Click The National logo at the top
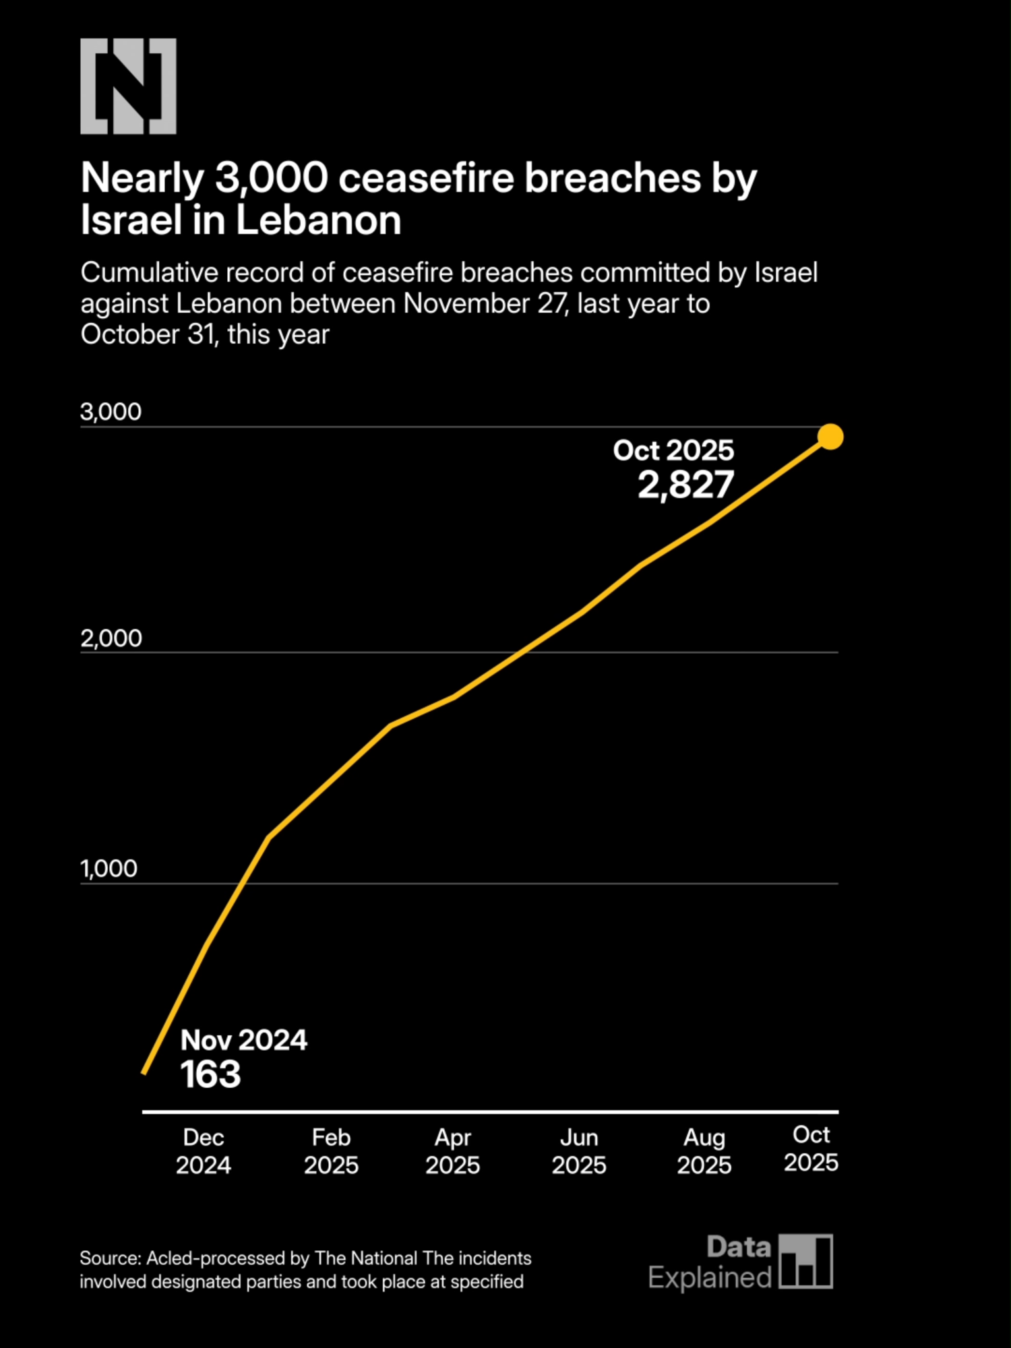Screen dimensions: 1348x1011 [x=128, y=86]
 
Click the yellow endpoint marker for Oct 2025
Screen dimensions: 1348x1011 [x=830, y=437]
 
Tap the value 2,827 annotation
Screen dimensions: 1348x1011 [x=685, y=485]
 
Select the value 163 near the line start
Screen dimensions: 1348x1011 [x=210, y=1074]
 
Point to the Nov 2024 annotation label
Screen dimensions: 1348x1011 [x=243, y=1040]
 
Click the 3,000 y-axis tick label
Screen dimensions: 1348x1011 [x=111, y=412]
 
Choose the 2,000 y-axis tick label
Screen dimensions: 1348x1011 [x=111, y=638]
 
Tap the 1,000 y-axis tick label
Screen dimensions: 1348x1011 [x=109, y=869]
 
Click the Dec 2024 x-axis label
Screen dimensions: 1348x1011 [x=204, y=1151]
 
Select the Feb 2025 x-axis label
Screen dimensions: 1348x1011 [x=331, y=1151]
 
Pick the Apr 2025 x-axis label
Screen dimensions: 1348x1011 [x=452, y=1151]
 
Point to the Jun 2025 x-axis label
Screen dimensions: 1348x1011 [x=579, y=1151]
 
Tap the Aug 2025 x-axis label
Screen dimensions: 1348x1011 [x=704, y=1151]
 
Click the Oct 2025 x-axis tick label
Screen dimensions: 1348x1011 [x=811, y=1148]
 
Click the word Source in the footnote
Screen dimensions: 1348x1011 [x=109, y=1258]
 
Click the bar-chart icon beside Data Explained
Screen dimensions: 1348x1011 [x=805, y=1262]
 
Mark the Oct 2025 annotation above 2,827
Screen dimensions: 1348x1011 [x=673, y=450]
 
